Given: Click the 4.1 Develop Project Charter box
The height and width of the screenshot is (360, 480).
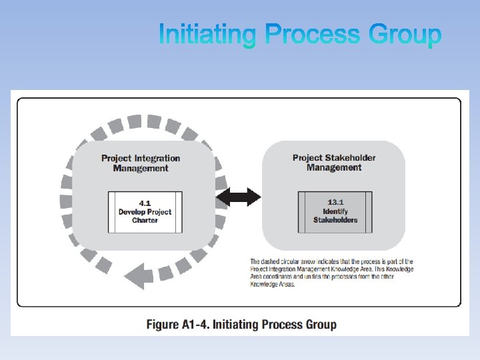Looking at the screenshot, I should pos(145,211).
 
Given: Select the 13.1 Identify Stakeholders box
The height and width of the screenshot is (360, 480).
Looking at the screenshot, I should pos(335,211).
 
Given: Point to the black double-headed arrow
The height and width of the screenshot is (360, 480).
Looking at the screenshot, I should pos(239,197).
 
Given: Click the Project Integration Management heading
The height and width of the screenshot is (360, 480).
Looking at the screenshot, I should pos(141,163).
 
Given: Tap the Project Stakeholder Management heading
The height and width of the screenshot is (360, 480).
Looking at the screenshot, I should pos(334,163).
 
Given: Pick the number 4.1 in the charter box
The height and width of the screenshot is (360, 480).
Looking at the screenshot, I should pos(145,203).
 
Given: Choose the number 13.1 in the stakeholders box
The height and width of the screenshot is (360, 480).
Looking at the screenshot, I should pos(335,202).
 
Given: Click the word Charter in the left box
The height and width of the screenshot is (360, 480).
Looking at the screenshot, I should pos(145,221).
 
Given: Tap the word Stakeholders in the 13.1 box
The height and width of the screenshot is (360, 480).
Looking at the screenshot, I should pos(335,220).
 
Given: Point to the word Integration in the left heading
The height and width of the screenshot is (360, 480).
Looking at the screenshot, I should pos(157,158).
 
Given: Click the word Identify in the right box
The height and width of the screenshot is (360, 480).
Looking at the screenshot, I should pos(335,211).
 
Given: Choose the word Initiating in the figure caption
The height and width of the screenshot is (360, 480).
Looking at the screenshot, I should pos(235,325).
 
